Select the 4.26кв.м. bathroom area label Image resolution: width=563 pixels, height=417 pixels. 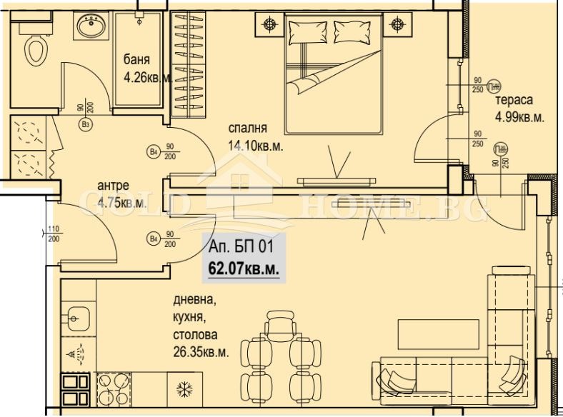(x=146, y=78)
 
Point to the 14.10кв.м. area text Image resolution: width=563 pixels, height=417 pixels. (x=255, y=146)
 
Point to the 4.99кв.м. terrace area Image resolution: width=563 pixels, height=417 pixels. (x=519, y=118)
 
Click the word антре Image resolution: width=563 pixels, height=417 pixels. (x=113, y=186)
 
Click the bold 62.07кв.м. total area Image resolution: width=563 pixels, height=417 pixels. (x=243, y=268)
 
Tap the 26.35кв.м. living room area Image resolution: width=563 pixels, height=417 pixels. (x=201, y=351)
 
